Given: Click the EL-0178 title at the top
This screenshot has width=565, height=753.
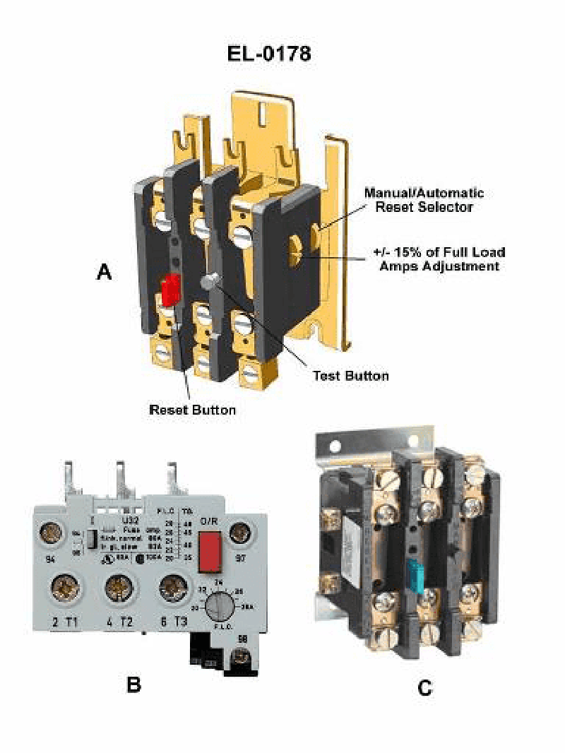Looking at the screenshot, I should [x=268, y=54].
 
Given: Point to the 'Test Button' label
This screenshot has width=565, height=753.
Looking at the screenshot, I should [x=350, y=375].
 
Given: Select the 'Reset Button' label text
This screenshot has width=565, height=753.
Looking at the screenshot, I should [x=192, y=409].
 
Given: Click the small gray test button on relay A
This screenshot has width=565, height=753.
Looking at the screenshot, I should [x=208, y=281].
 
